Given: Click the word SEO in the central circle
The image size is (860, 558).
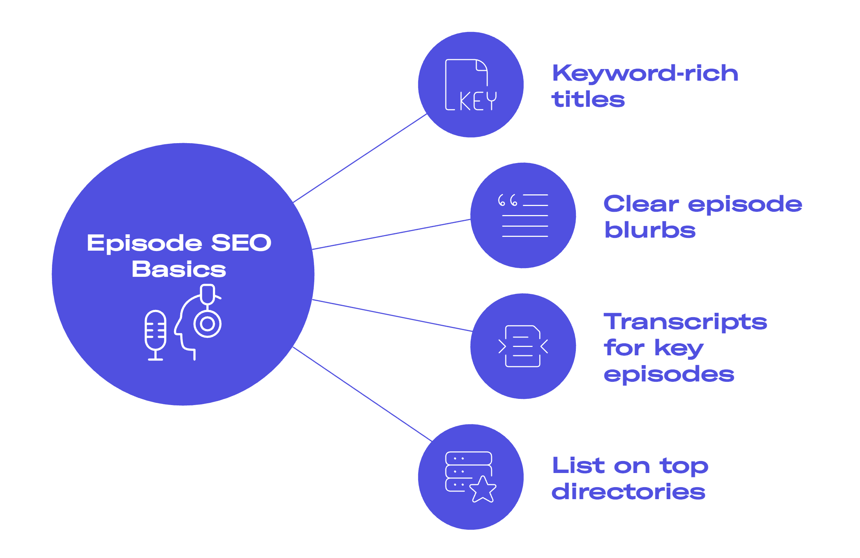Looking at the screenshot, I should pyautogui.click(x=241, y=243).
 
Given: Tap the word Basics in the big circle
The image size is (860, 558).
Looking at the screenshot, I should pyautogui.click(x=179, y=269).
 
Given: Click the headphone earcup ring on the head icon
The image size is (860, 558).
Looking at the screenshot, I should pyautogui.click(x=207, y=324).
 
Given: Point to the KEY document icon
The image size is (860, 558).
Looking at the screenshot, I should pyautogui.click(x=471, y=85).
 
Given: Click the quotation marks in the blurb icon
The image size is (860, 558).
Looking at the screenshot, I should pyautogui.click(x=507, y=200).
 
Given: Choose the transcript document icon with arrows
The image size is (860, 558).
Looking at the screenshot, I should pyautogui.click(x=523, y=346).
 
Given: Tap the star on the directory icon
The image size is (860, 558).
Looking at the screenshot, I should pyautogui.click(x=483, y=489).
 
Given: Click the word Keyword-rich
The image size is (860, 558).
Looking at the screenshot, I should pyautogui.click(x=645, y=73).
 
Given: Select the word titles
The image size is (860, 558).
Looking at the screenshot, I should pyautogui.click(x=588, y=99).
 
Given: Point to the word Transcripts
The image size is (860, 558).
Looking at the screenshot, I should pyautogui.click(x=685, y=322).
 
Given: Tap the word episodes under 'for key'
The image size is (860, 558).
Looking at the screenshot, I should pyautogui.click(x=669, y=375).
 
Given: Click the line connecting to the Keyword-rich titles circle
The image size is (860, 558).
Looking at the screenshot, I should pyautogui.click(x=360, y=158).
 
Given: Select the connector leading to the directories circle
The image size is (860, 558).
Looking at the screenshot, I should pyautogui.click(x=362, y=394).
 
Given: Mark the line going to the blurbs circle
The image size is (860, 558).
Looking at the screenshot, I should pyautogui.click(x=391, y=234).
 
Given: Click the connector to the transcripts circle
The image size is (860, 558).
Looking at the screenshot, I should pyautogui.click(x=392, y=315).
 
